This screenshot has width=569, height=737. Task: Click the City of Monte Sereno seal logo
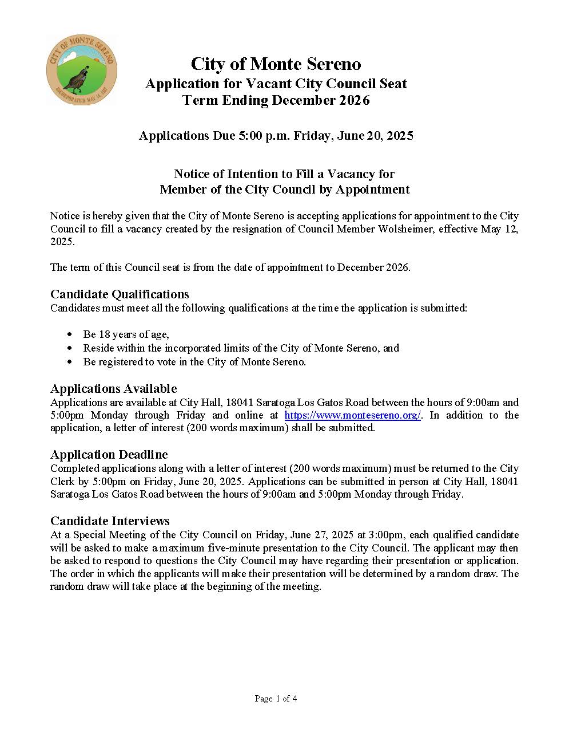coord(81,69)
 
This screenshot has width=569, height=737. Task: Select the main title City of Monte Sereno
coord(276,64)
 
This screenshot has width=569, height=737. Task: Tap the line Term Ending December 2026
coord(276,100)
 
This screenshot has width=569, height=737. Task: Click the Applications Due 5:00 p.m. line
coord(276,136)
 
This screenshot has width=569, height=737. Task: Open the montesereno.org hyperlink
coord(352,415)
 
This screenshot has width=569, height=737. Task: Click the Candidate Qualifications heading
coord(120,294)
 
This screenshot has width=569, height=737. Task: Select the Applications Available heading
coord(113,389)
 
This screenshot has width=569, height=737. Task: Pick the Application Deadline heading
coord(109,455)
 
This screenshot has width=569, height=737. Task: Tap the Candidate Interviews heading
coord(110,521)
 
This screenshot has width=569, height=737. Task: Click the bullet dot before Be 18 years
coord(70,334)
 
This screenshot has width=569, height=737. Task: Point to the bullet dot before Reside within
coord(70,348)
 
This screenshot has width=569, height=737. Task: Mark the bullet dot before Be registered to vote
coord(70,362)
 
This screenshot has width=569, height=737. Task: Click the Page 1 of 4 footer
coord(276,699)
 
